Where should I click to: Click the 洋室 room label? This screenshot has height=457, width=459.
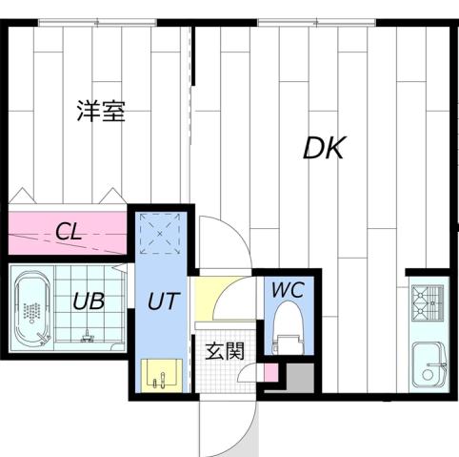[101, 112]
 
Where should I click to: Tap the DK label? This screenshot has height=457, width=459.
[324, 148]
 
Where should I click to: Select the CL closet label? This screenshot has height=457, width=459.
[67, 230]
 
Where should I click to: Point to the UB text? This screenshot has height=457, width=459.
[89, 301]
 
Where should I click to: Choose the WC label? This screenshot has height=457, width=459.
[287, 289]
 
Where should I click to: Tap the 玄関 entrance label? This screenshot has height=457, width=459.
[226, 350]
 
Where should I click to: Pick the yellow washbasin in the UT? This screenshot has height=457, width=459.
[157, 374]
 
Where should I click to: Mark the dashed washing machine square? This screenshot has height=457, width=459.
[160, 232]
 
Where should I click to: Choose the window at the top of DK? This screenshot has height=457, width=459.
[305, 21]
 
